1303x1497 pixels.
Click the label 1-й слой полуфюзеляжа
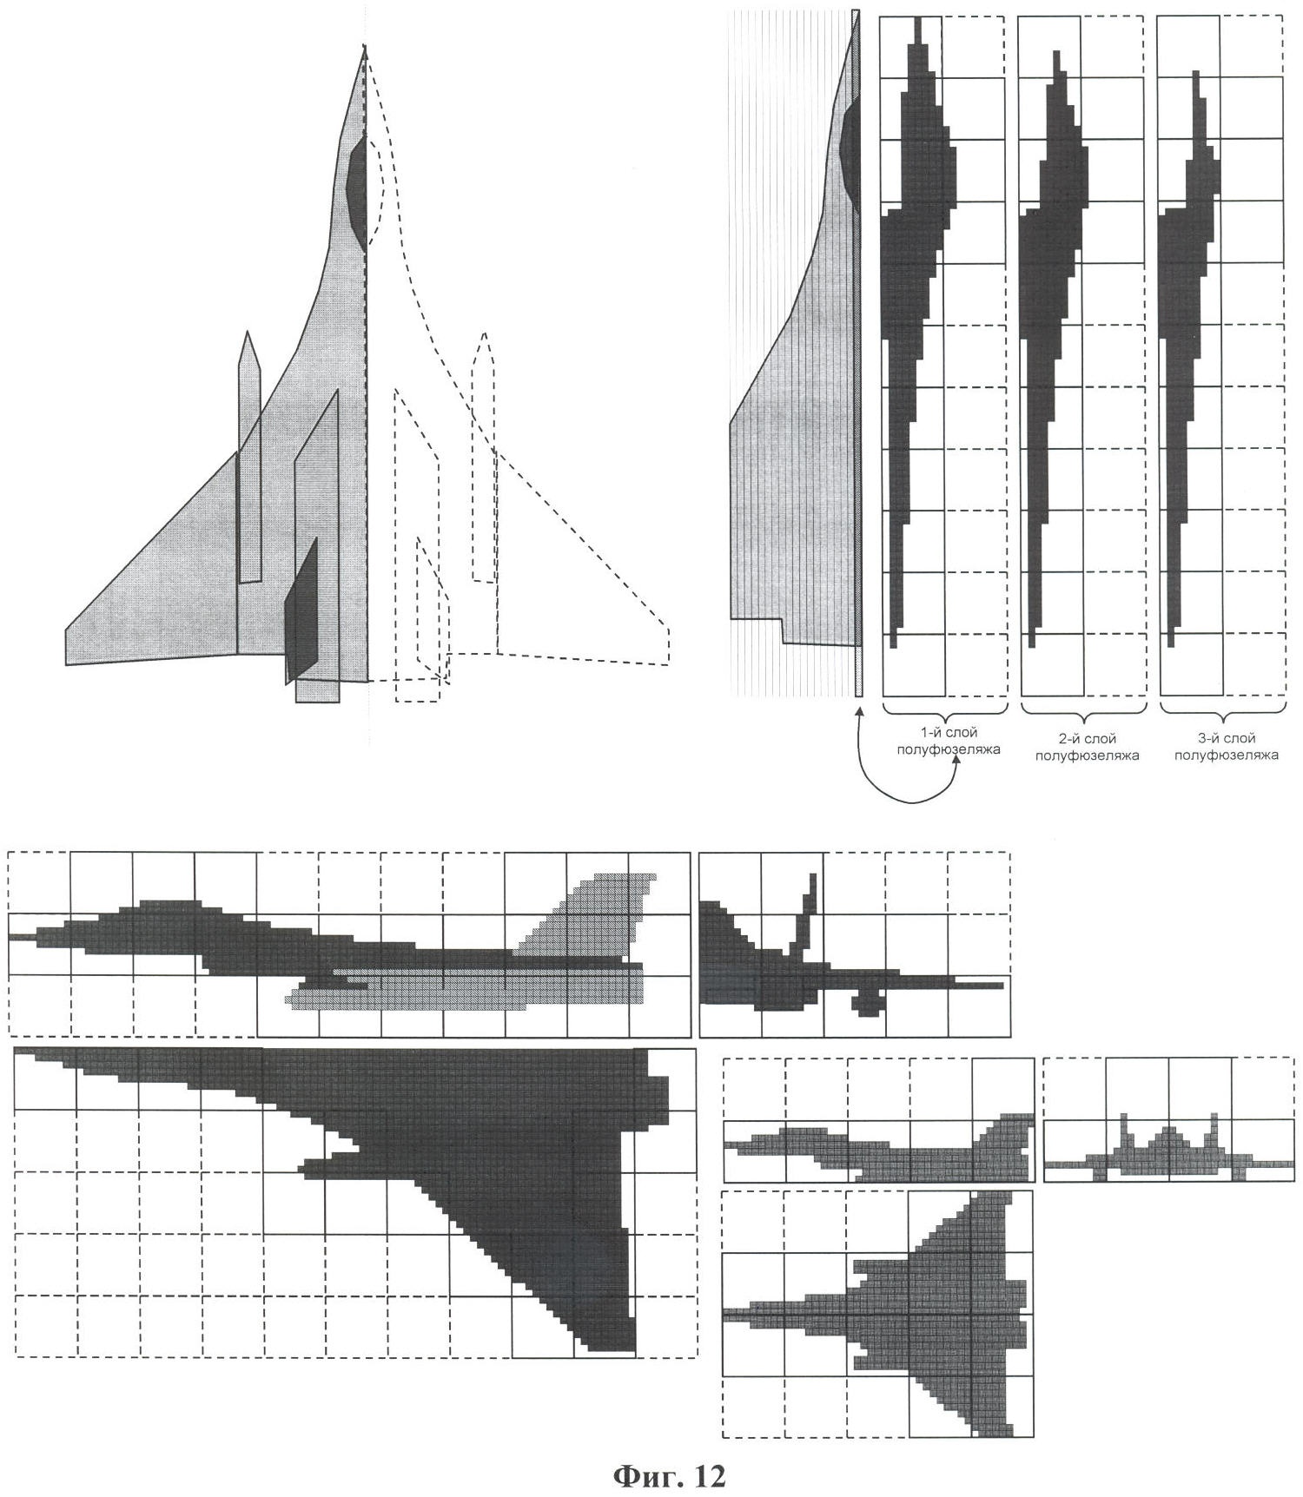[x=948, y=741]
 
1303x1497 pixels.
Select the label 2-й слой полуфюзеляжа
[x=1086, y=747]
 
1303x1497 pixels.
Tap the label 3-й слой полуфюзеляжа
[x=1226, y=747]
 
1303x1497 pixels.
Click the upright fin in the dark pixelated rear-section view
[x=806, y=912]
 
